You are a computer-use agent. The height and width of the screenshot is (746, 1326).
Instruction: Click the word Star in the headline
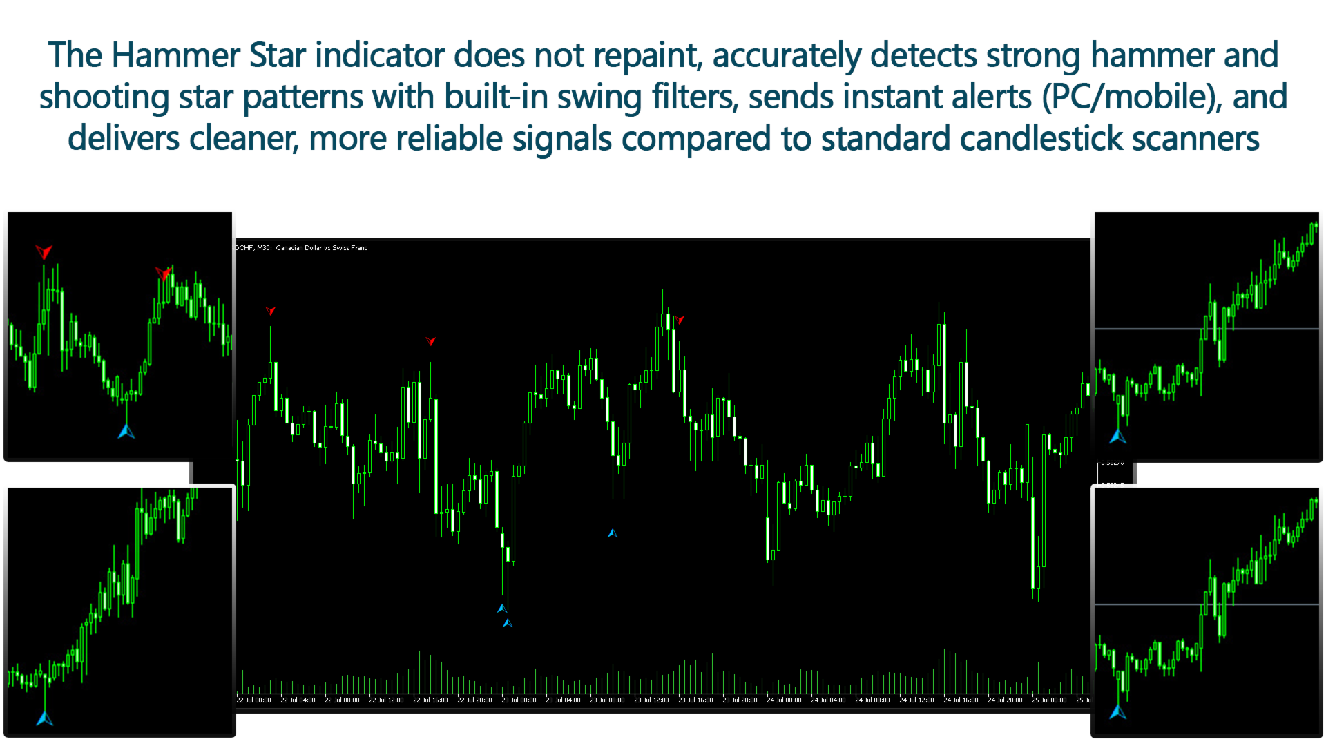(277, 55)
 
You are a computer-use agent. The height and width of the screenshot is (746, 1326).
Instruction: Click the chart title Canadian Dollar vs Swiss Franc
(321, 248)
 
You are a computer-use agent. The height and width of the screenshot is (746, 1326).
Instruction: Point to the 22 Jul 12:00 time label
(386, 700)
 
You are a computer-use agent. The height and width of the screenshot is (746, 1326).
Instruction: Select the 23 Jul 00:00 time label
(519, 700)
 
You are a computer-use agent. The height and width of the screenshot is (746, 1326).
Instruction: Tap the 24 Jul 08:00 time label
(872, 700)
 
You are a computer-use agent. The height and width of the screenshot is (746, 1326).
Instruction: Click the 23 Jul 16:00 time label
(695, 700)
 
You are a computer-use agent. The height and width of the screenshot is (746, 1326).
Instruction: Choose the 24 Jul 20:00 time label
(1005, 700)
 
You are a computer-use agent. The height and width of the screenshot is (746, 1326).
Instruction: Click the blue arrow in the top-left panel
(126, 432)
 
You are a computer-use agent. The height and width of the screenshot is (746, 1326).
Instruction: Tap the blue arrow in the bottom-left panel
(45, 719)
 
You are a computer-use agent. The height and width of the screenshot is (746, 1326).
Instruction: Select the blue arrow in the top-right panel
(1117, 437)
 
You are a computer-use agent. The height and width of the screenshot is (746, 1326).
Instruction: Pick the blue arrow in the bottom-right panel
(1117, 711)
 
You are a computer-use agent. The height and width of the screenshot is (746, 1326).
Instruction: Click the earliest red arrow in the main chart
(271, 311)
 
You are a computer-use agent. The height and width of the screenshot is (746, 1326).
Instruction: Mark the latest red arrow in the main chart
(680, 320)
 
